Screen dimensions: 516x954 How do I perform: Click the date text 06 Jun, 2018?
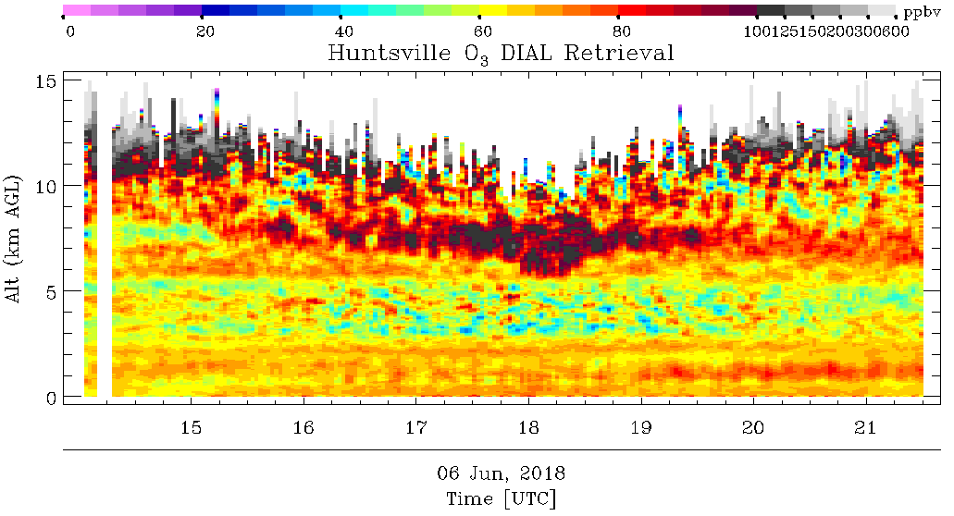pos(501,473)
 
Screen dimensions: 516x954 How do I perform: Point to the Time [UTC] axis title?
pos(501,499)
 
